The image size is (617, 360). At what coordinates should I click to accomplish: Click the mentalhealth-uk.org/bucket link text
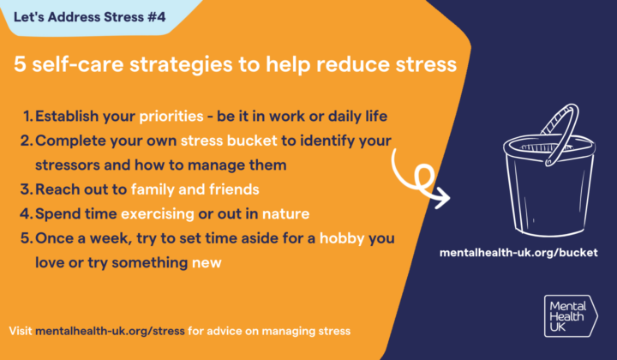(x=518, y=254)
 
